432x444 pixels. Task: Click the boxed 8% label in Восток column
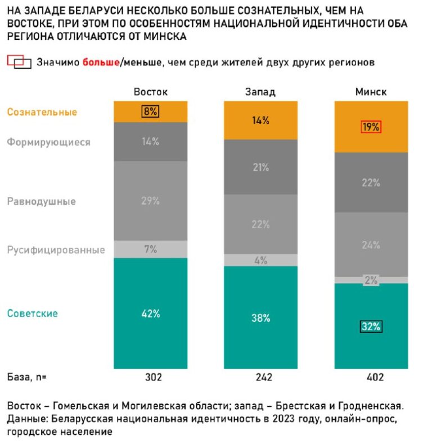(150, 111)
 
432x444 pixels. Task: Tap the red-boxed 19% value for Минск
(371, 127)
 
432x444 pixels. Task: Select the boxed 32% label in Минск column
(371, 326)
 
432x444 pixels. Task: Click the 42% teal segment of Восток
(150, 313)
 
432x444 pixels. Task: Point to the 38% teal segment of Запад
(261, 318)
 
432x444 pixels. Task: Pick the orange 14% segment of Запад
(261, 120)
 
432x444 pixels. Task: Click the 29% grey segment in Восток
(150, 200)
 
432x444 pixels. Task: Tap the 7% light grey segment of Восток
(150, 249)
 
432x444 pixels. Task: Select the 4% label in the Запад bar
(261, 260)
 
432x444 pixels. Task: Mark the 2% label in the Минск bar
(371, 280)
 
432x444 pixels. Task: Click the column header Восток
(150, 92)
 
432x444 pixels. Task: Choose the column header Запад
(260, 92)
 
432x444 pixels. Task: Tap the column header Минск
(371, 92)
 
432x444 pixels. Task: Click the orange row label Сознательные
(42, 112)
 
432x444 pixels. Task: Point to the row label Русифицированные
(56, 250)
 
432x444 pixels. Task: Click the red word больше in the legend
(101, 62)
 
